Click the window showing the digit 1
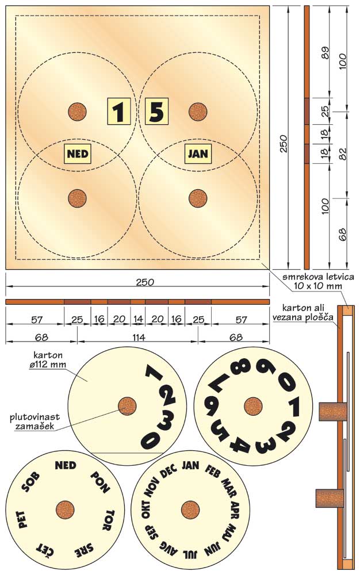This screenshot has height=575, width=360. (119, 111)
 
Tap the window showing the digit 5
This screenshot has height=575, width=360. (157, 111)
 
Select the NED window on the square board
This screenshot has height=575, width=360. (78, 154)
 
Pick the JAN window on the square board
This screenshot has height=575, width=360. (198, 154)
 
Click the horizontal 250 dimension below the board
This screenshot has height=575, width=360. (145, 282)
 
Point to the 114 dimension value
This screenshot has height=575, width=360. (138, 337)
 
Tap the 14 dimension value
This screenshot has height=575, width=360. (138, 319)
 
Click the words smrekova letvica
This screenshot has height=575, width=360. (318, 277)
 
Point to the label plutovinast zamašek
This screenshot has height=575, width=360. (35, 421)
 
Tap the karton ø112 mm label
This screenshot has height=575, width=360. (48, 360)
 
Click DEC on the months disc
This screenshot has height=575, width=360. (169, 470)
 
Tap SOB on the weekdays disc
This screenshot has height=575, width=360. (31, 482)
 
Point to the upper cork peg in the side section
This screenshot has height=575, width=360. (332, 412)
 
